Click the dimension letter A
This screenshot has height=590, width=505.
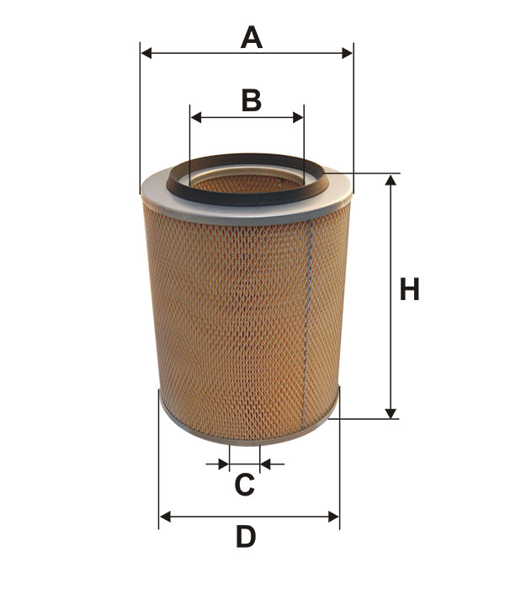[252, 37]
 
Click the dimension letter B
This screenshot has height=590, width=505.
[252, 100]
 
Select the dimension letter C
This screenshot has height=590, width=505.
[245, 485]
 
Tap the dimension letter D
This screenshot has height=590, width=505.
[246, 537]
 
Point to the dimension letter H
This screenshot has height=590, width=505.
[409, 289]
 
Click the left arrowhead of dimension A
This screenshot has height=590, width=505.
[146, 53]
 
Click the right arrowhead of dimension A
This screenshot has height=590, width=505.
[347, 53]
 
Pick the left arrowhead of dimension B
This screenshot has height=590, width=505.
[196, 117]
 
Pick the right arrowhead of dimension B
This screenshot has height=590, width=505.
[298, 117]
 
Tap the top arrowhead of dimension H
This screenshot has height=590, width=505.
[391, 180]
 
